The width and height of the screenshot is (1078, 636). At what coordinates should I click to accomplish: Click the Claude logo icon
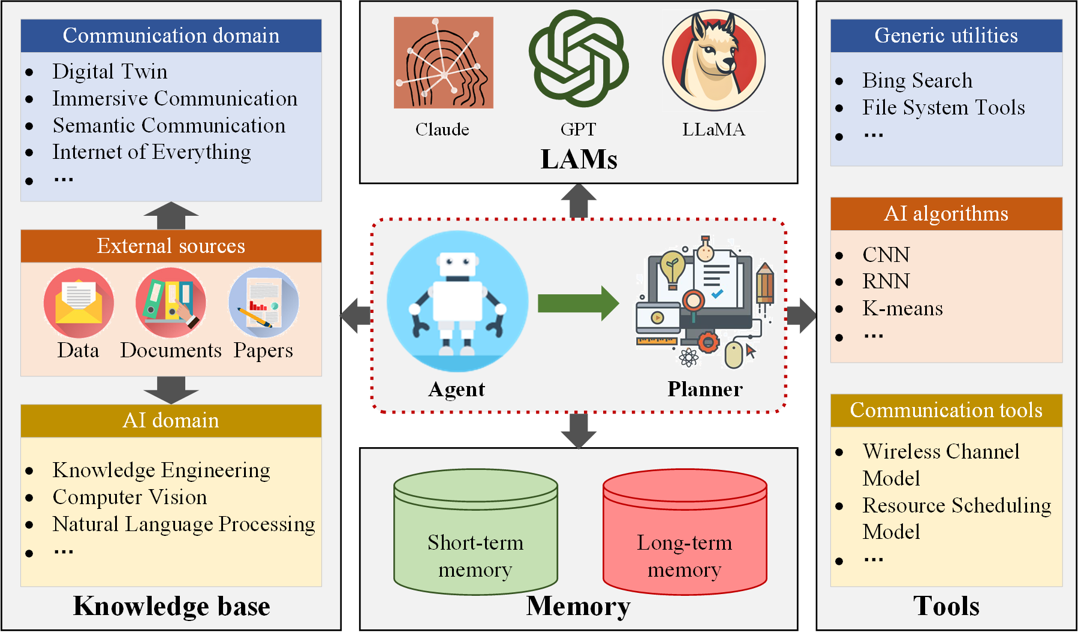tap(443, 62)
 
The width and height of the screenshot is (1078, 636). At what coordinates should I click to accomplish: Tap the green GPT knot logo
tap(578, 59)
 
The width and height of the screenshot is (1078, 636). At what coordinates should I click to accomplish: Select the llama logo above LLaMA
tap(713, 61)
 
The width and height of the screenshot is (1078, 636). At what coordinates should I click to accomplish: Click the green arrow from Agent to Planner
tap(577, 303)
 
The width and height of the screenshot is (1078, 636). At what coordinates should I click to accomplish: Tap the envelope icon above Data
tap(79, 302)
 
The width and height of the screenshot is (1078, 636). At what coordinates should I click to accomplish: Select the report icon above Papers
tap(263, 302)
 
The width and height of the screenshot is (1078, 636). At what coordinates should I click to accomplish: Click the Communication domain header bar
tap(171, 35)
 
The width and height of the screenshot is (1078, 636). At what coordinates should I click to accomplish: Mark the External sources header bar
tap(171, 246)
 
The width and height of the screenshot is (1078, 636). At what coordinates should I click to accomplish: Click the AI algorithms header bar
tap(946, 213)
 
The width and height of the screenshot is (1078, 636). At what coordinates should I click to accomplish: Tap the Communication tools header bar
tap(946, 410)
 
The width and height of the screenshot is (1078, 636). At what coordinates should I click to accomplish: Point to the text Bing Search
tap(917, 80)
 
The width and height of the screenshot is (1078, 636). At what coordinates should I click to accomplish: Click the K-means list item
tap(902, 308)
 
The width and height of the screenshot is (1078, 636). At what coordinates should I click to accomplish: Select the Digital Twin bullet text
tap(110, 71)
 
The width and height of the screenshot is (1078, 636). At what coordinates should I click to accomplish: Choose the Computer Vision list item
tap(130, 497)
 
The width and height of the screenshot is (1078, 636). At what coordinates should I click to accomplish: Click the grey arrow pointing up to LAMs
tap(578, 201)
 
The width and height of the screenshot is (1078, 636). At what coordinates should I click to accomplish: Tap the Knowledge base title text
tap(171, 606)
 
